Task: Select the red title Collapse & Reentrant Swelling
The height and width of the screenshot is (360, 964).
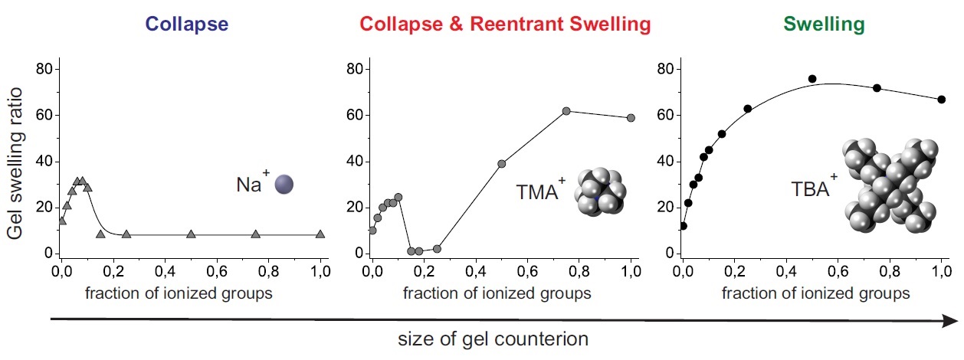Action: click(506, 24)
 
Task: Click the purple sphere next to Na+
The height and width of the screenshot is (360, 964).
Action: click(284, 184)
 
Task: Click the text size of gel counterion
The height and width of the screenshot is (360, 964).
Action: click(493, 339)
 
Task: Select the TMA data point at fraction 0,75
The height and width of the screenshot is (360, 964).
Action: click(566, 111)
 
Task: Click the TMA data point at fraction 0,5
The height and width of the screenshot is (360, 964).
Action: click(502, 164)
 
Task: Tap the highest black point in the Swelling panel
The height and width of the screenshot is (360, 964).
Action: click(812, 79)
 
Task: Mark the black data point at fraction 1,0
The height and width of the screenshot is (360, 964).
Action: click(941, 100)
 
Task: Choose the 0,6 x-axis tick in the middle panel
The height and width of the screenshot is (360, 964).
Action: click(527, 271)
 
